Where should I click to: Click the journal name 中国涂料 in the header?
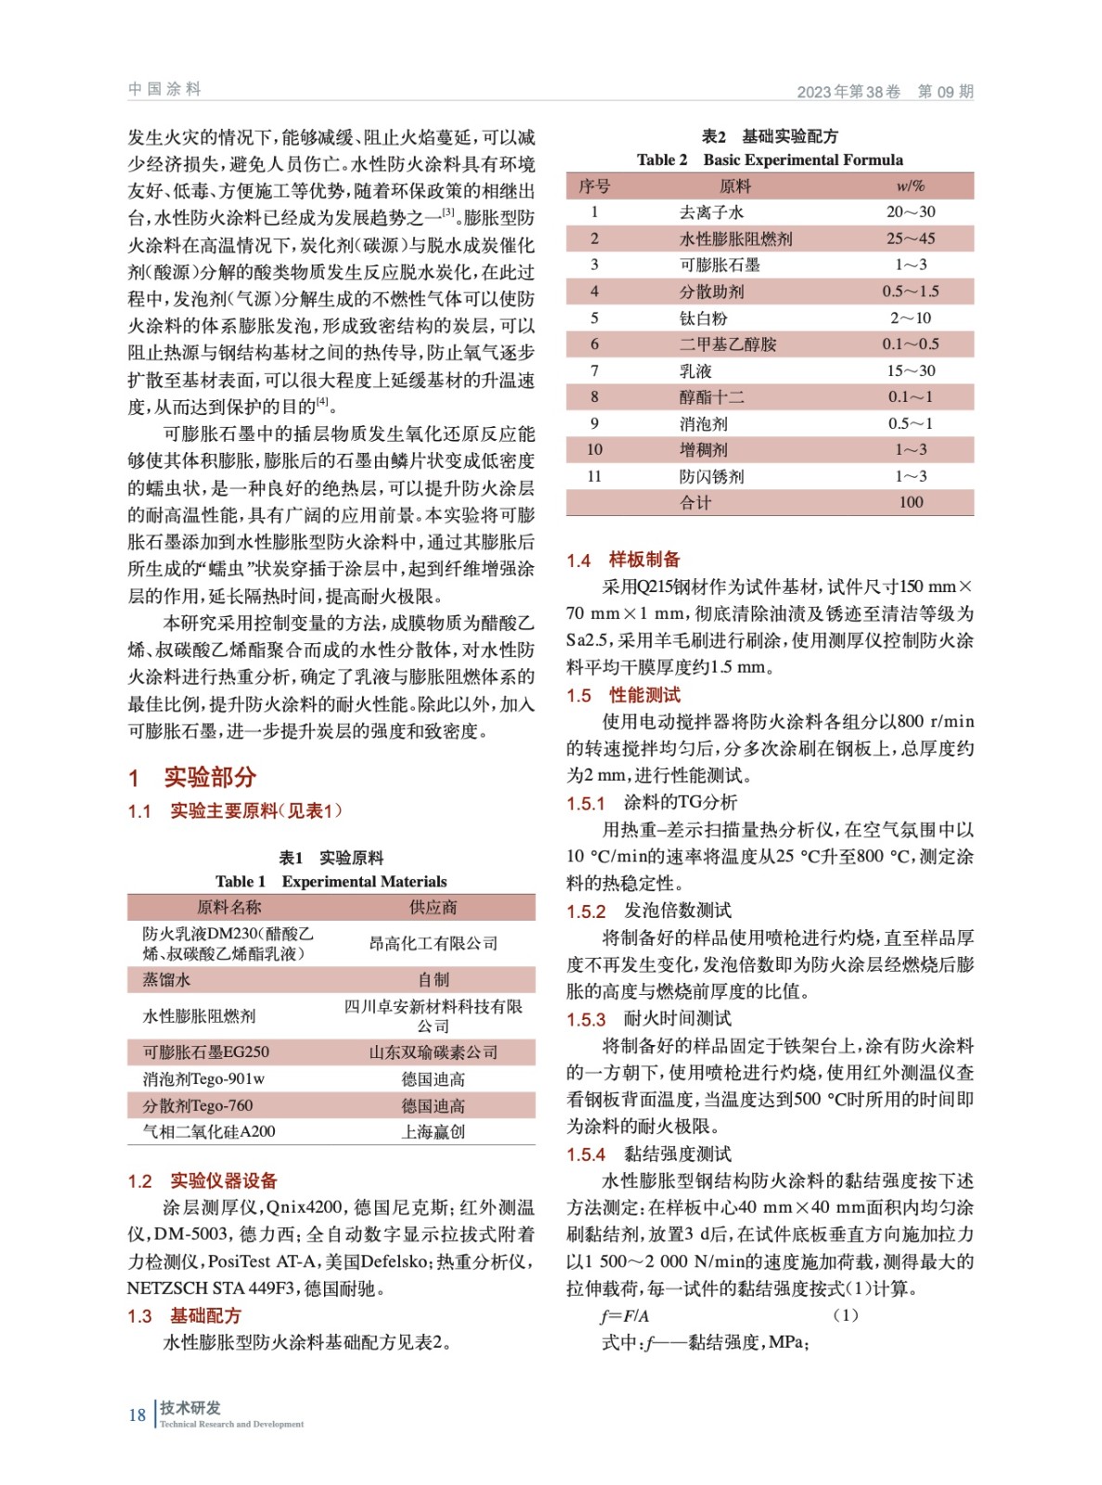164,89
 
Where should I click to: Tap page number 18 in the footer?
136,1414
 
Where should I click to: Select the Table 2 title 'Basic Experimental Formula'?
802,160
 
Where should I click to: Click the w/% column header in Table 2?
910,186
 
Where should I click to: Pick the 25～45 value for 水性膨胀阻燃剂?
910,239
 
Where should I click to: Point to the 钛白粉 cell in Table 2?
703,318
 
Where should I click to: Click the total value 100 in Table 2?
910,502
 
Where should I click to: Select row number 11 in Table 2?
594,476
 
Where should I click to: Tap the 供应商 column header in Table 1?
433,907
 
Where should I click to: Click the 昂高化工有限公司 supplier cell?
433,943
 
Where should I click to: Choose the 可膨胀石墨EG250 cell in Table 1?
205,1052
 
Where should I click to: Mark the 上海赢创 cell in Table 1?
433,1131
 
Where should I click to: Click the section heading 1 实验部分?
192,777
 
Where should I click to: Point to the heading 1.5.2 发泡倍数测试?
649,910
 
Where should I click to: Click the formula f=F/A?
625,1315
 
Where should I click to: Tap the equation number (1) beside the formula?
845,1315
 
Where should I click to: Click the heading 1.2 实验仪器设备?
202,1181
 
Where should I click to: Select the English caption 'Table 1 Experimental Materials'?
331,881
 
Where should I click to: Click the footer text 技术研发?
190,1407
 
